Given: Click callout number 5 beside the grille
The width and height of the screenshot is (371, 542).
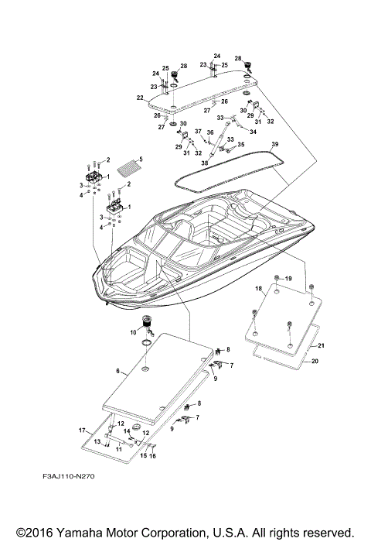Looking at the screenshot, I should click(140, 160).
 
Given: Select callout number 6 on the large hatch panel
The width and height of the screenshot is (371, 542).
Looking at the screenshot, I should click(119, 372).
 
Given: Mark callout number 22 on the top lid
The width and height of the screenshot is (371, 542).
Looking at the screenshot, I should click(140, 98).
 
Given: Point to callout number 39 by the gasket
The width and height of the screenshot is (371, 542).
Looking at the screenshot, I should click(274, 146).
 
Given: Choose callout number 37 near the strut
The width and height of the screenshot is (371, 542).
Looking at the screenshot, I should click(198, 132).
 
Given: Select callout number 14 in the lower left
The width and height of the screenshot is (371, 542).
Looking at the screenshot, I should click(128, 431).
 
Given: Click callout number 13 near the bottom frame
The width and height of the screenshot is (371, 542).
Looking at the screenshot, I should click(98, 441).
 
